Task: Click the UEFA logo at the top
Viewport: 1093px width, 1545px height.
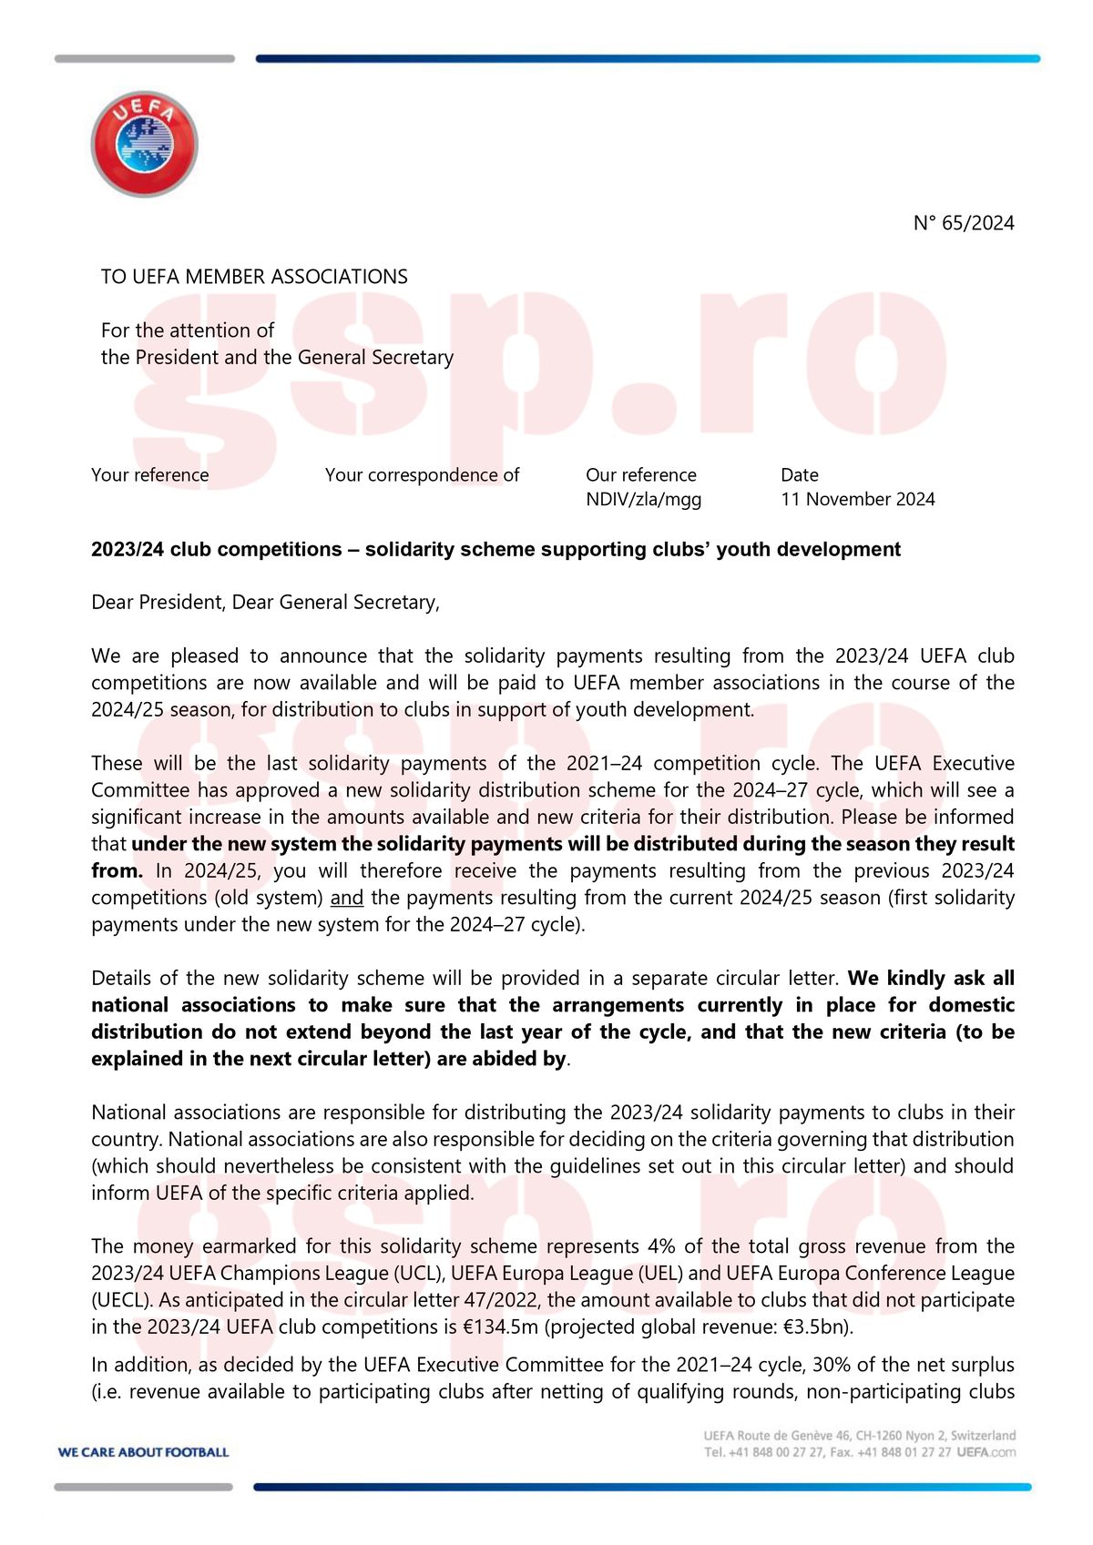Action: (x=144, y=143)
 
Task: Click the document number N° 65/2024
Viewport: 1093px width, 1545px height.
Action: (x=964, y=223)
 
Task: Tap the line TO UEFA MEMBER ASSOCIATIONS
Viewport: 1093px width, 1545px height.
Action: (x=254, y=277)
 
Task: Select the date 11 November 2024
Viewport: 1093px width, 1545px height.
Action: (x=857, y=499)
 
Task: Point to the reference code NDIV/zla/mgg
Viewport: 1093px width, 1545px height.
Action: (x=643, y=499)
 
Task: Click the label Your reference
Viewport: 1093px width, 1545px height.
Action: (x=149, y=475)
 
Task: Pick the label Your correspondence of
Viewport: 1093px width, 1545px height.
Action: (x=422, y=475)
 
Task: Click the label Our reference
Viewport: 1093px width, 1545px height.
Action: (x=640, y=475)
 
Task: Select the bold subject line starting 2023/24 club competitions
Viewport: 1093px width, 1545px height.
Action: (x=495, y=549)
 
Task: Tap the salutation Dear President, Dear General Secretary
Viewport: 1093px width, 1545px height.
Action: (x=265, y=603)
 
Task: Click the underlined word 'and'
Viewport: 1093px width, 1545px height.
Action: (x=346, y=898)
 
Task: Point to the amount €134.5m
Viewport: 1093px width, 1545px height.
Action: (x=500, y=1327)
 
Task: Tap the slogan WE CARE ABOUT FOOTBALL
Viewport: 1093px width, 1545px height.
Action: (x=143, y=1452)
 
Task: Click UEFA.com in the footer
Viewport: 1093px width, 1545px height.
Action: (x=986, y=1452)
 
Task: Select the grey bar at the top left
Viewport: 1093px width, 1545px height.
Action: (x=144, y=59)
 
